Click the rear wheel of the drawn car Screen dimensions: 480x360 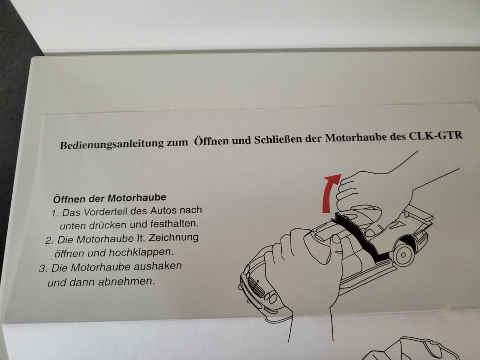403,254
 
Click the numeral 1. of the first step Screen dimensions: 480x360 55,213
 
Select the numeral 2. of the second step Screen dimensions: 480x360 50,240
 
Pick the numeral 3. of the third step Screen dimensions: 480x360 43,269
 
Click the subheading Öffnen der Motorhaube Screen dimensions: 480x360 110,198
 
